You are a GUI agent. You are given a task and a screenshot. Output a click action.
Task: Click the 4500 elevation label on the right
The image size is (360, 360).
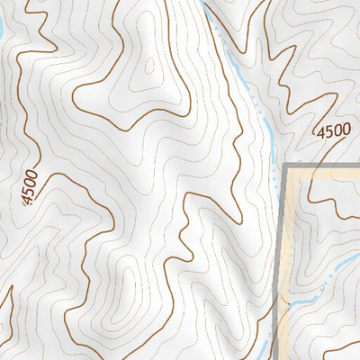(x=332, y=131)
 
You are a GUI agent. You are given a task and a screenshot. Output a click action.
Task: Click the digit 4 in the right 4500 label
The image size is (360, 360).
(x=320, y=136)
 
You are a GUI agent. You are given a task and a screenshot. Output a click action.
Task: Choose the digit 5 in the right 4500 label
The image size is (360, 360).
(x=328, y=133)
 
